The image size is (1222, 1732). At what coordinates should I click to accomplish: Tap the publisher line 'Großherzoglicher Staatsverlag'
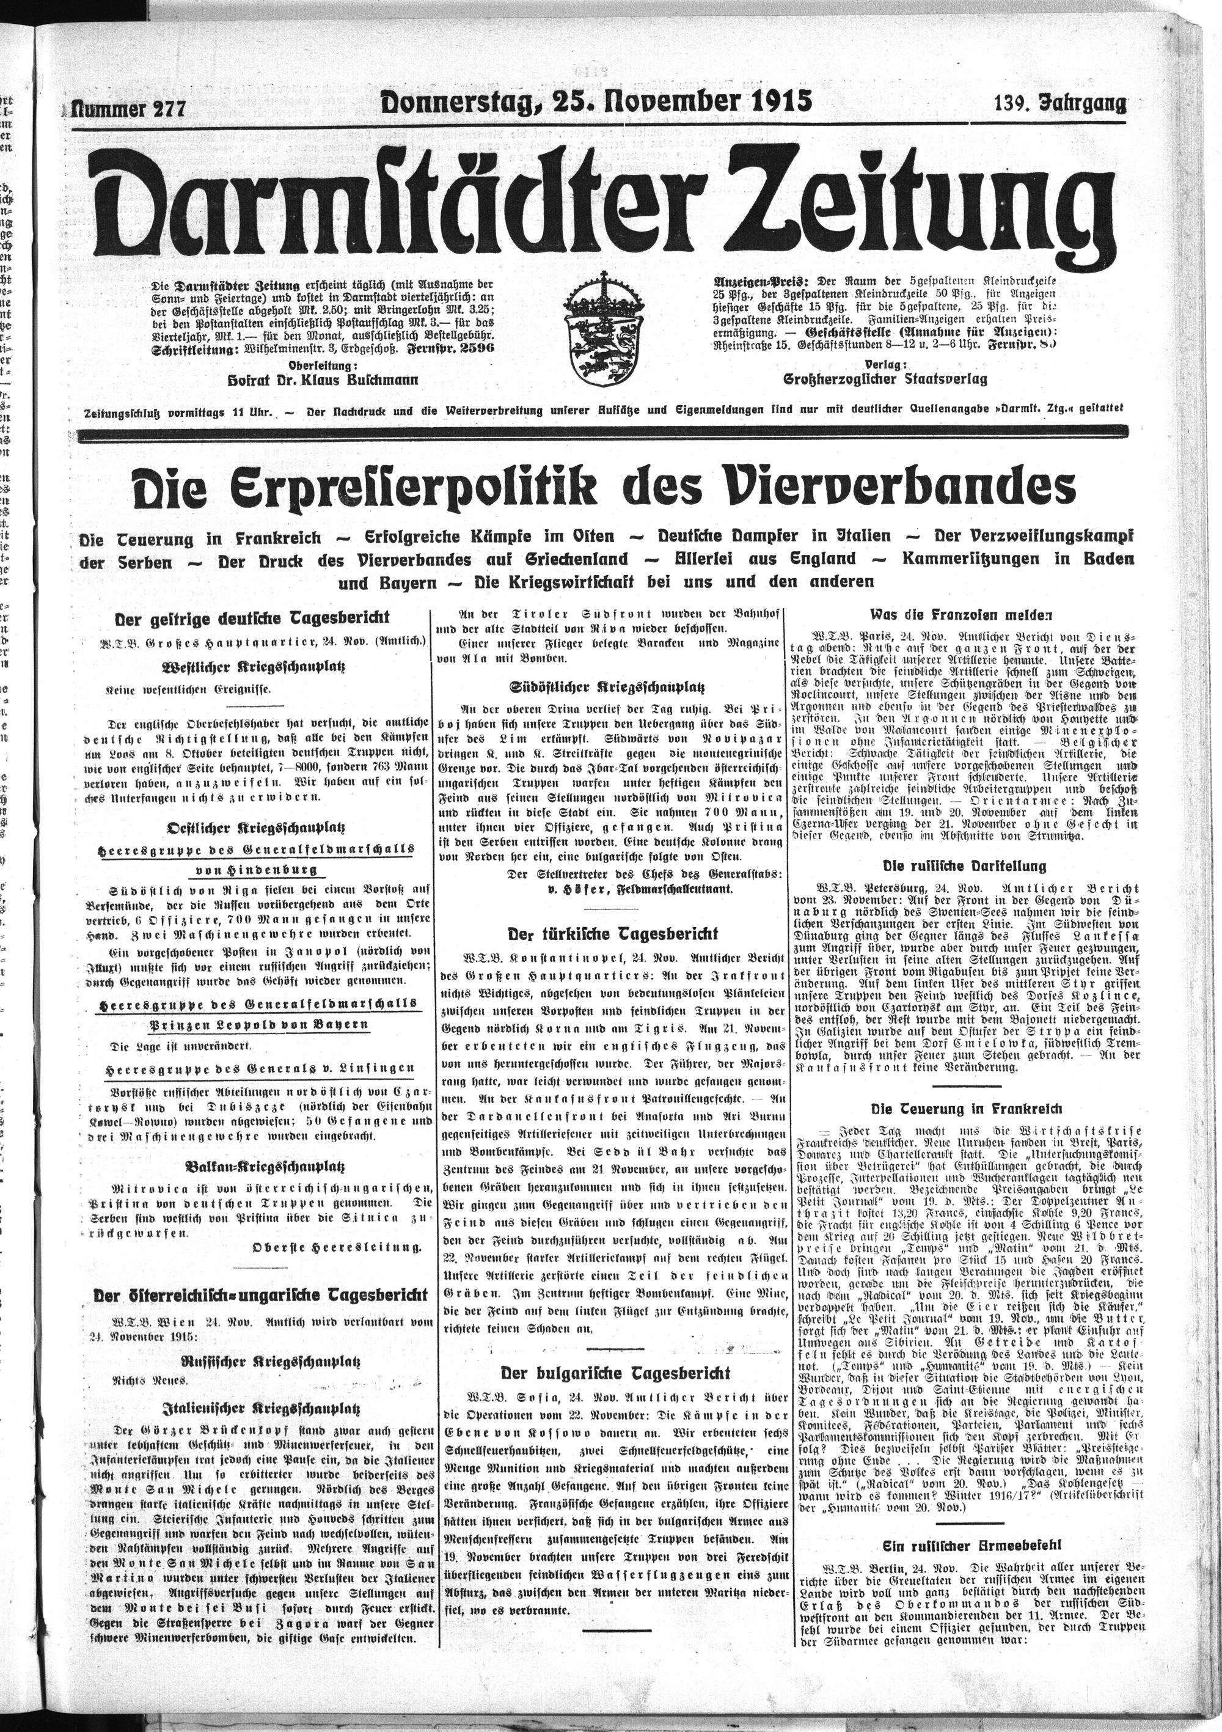tap(884, 379)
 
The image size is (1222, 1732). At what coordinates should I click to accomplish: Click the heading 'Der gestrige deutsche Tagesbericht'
tap(251, 618)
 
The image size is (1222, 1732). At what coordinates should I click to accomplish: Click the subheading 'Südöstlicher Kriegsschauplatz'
tap(607, 688)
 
